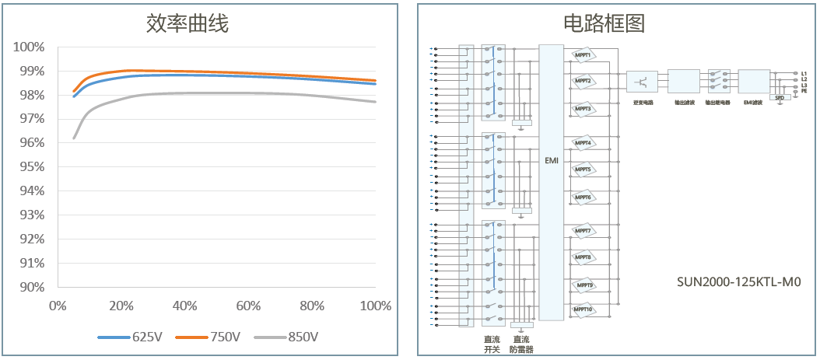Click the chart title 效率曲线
(x=187, y=24)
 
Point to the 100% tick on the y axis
(x=29, y=47)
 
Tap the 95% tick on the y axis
(x=29, y=167)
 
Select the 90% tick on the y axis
(x=29, y=287)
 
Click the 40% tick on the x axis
(x=184, y=306)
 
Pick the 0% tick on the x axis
(x=57, y=306)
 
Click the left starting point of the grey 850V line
(x=74, y=138)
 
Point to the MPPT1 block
(x=583, y=55)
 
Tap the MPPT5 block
(x=583, y=170)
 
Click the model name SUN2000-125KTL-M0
(x=738, y=282)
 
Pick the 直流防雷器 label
(x=522, y=344)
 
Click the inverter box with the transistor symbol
(x=643, y=81)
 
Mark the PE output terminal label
(x=804, y=91)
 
